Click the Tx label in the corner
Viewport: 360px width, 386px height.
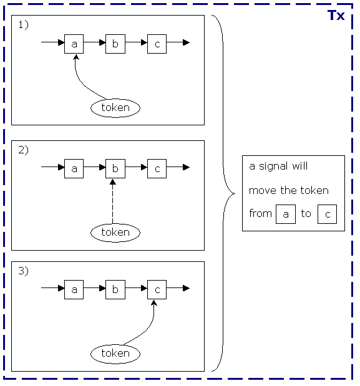tap(336, 16)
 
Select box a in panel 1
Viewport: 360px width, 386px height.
tap(74, 44)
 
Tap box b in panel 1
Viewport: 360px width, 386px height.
tap(115, 44)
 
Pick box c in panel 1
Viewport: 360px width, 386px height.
tap(157, 44)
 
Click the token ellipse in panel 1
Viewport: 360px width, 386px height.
tap(115, 107)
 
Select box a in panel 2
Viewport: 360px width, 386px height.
tap(74, 168)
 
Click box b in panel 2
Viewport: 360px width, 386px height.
tap(115, 168)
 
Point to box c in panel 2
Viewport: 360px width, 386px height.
tap(157, 168)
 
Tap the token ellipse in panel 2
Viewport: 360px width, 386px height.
tap(115, 232)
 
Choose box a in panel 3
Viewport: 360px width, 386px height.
tap(74, 289)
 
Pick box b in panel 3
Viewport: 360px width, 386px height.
tap(115, 289)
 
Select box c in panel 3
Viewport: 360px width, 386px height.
tap(157, 289)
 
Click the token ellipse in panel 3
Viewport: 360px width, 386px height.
tap(115, 353)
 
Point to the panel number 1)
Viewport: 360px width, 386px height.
tap(23, 25)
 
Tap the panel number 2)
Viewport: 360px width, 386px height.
tap(23, 150)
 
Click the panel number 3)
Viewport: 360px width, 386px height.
tap(23, 271)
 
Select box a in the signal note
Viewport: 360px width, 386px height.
tap(286, 214)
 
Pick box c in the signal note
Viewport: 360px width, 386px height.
tap(327, 214)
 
